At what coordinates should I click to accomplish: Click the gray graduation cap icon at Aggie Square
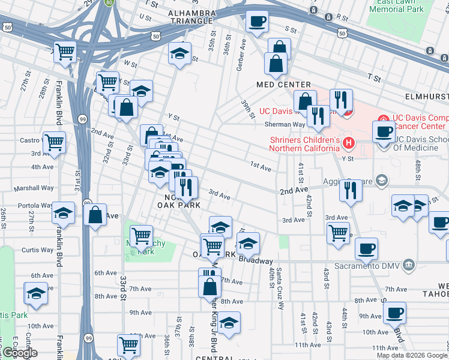coord(381,181)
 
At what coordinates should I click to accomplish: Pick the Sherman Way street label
coord(286,124)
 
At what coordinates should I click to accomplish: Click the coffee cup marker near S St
coord(257,22)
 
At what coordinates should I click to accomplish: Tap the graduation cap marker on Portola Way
coord(63,212)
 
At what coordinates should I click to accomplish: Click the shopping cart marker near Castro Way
coord(54,142)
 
